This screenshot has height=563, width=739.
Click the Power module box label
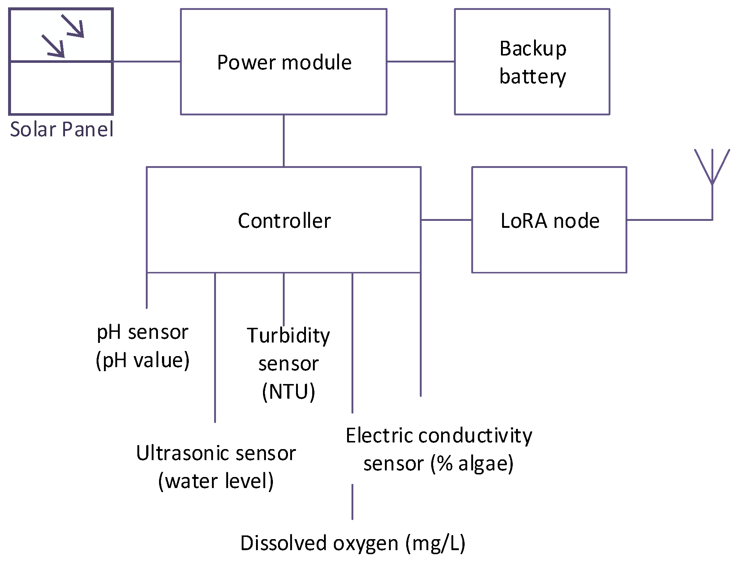click(284, 62)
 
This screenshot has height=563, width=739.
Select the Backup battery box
click(532, 62)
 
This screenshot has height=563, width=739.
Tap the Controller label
click(284, 221)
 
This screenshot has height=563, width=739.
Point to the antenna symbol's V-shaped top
click(712, 165)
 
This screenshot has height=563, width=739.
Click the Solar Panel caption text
click(61, 129)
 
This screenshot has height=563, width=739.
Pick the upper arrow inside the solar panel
click(73, 26)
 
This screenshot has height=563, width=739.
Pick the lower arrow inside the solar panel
click(54, 47)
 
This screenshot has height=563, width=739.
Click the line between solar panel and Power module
click(147, 61)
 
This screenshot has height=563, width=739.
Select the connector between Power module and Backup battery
click(421, 61)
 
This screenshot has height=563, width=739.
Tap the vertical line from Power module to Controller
click(284, 140)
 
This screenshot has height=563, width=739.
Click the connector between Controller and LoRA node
click(446, 220)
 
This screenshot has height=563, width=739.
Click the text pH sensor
click(142, 332)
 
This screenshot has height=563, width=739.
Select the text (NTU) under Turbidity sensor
click(289, 392)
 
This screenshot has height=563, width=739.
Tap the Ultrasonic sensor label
click(216, 453)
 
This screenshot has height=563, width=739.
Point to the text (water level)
click(216, 481)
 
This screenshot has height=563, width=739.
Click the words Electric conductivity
click(439, 436)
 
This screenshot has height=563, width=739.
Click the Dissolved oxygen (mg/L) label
click(353, 543)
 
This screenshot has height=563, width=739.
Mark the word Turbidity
click(288, 336)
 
